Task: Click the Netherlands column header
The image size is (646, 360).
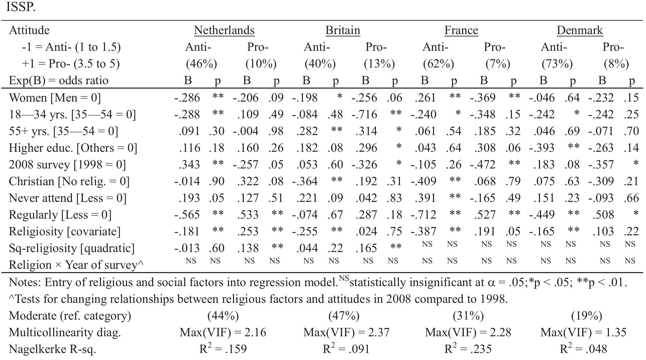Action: [224, 30]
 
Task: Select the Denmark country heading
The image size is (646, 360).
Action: [579, 30]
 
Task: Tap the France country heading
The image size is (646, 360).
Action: [461, 30]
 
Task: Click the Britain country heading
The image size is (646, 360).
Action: [343, 30]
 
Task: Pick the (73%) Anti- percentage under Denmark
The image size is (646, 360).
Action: [557, 64]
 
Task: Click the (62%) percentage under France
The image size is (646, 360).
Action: [438, 64]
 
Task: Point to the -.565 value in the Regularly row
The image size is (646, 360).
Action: [187, 215]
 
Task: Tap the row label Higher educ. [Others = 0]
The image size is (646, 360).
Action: [73, 148]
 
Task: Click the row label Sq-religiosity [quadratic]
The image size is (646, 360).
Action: [72, 248]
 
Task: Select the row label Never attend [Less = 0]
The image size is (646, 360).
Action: [68, 198]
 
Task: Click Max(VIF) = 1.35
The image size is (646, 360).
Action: [583, 333]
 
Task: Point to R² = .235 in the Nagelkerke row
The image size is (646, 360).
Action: [468, 349]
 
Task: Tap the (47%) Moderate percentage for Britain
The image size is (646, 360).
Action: [344, 316]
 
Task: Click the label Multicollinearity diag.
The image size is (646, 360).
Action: [65, 333]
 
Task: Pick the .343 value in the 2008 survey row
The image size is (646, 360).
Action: [189, 165]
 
